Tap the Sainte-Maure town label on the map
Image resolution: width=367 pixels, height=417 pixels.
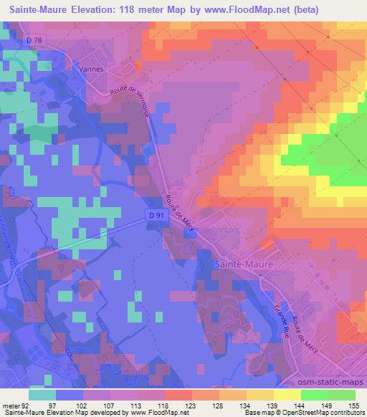pyautogui.click(x=244, y=264)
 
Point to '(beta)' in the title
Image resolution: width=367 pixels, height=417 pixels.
pyautogui.click(x=302, y=9)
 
